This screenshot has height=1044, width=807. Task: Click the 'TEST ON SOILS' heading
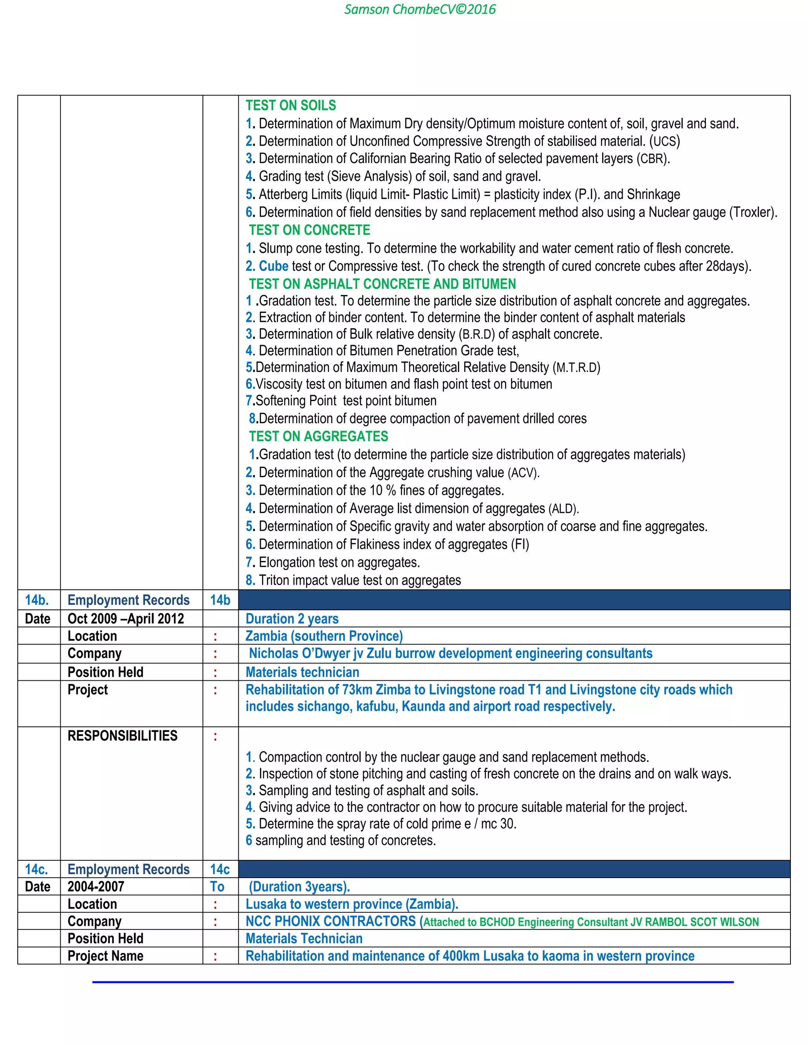(x=291, y=105)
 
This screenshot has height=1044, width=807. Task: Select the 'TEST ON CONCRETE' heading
(x=309, y=230)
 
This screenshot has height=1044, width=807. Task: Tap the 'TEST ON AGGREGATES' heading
(x=318, y=436)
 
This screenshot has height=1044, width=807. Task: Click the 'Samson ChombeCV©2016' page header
(x=420, y=9)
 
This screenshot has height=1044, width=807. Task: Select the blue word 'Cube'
(x=273, y=266)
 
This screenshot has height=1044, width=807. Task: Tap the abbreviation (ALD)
(x=563, y=508)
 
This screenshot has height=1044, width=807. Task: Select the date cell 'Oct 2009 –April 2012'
(x=126, y=619)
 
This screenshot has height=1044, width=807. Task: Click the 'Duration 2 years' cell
(x=292, y=619)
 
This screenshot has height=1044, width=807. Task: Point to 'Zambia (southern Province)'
(x=324, y=636)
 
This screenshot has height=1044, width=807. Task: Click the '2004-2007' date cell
(x=96, y=886)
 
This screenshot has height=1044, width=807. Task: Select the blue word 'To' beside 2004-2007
(x=217, y=886)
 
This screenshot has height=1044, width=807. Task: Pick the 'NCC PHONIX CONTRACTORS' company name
(x=331, y=921)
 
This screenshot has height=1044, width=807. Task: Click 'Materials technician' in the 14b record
(x=302, y=672)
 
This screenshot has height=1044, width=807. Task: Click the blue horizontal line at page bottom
(x=413, y=982)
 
